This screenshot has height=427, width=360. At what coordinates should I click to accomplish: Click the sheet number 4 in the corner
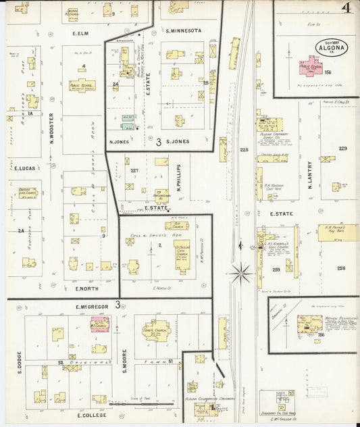[345, 9]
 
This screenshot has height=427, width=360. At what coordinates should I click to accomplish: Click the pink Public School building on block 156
[311, 67]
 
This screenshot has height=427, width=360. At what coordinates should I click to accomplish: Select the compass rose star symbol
[240, 273]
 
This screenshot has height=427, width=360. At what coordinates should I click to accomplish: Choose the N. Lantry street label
[310, 173]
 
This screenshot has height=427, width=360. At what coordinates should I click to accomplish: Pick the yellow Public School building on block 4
[82, 86]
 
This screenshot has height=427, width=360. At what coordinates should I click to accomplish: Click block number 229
[342, 149]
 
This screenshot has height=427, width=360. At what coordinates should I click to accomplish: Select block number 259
[276, 270]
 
